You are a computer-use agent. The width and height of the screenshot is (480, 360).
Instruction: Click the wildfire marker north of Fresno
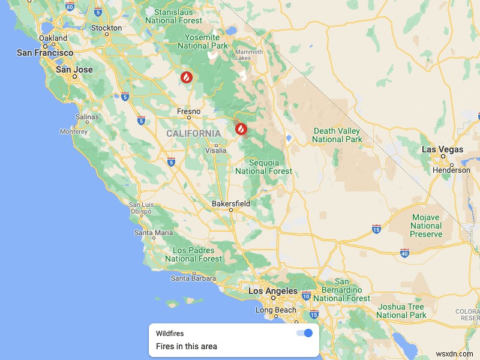click(187, 77)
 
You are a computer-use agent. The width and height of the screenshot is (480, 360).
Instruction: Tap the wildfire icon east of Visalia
click(241, 128)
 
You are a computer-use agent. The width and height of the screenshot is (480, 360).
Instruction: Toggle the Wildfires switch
click(305, 333)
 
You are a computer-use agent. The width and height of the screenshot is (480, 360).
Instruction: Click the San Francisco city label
click(45, 53)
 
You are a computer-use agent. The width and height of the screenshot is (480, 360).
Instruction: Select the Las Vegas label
click(442, 149)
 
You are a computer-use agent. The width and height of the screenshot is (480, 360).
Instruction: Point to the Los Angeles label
click(273, 291)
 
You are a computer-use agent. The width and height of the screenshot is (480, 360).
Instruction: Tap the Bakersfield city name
click(231, 204)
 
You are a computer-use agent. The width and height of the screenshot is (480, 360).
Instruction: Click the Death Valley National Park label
click(337, 135)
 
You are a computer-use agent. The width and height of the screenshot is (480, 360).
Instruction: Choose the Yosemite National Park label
click(203, 41)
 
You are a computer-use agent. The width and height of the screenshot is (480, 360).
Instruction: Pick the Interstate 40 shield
click(405, 253)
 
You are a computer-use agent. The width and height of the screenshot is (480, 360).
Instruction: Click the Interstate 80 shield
click(70, 8)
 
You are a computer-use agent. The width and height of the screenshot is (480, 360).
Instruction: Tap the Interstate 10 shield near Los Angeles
click(306, 295)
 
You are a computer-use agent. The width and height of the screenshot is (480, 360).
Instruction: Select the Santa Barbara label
click(193, 278)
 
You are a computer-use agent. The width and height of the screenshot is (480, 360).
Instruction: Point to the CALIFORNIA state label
click(193, 133)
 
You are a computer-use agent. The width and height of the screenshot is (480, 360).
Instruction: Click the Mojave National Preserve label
click(426, 226)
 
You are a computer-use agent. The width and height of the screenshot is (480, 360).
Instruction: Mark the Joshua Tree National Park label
click(401, 311)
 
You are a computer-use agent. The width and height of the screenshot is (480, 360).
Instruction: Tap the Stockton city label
click(106, 28)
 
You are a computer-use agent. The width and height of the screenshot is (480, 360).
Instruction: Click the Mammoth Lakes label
click(249, 55)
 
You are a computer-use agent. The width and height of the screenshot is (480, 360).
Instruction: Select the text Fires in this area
click(187, 346)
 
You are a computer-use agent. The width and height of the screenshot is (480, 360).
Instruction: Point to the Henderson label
click(452, 170)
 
